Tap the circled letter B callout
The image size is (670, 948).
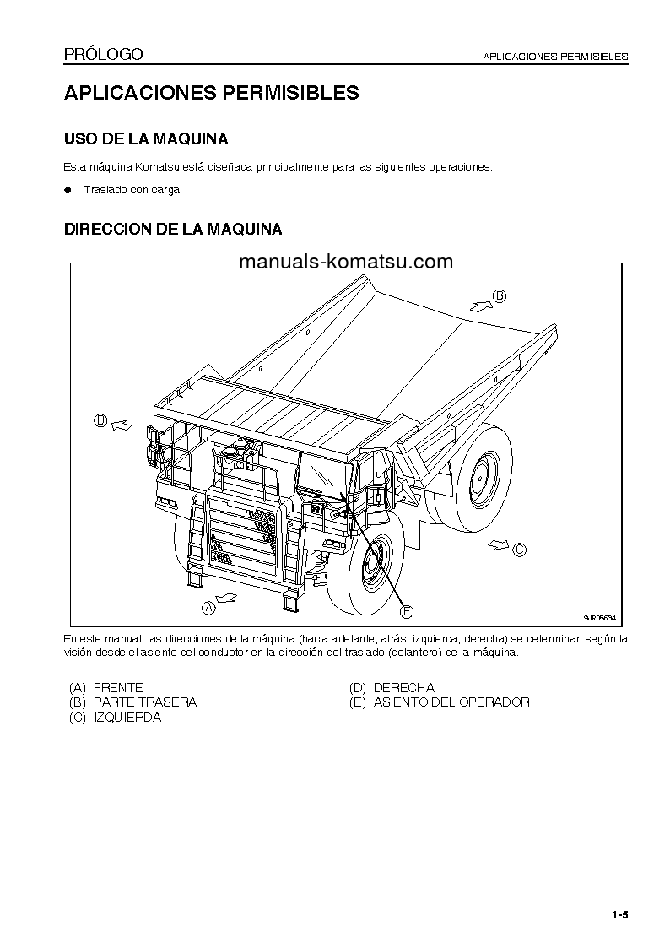point(499,295)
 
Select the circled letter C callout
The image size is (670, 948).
point(519,550)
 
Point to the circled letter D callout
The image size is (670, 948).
point(100,420)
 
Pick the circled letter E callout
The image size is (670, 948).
point(407,611)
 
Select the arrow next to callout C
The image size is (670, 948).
point(497,544)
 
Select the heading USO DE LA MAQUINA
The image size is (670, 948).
point(146,138)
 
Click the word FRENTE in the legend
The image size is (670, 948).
point(118,688)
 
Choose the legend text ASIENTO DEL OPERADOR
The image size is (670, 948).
point(451,702)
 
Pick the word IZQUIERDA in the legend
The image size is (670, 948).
point(127,718)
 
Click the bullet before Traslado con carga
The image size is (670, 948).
point(69,190)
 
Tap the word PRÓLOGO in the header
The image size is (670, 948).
point(104,55)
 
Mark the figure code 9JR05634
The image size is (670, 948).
point(601,618)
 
